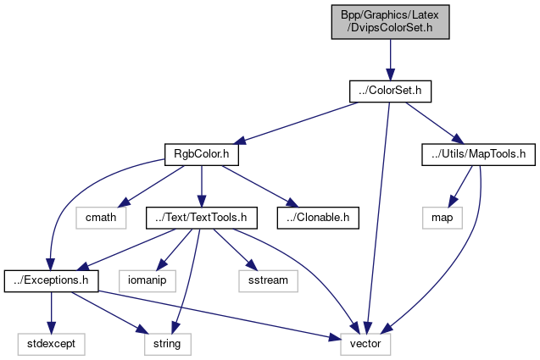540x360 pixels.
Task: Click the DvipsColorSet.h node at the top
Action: pos(389,19)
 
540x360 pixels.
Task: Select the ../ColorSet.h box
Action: pos(389,90)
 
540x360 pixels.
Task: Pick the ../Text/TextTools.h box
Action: pos(201,218)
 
